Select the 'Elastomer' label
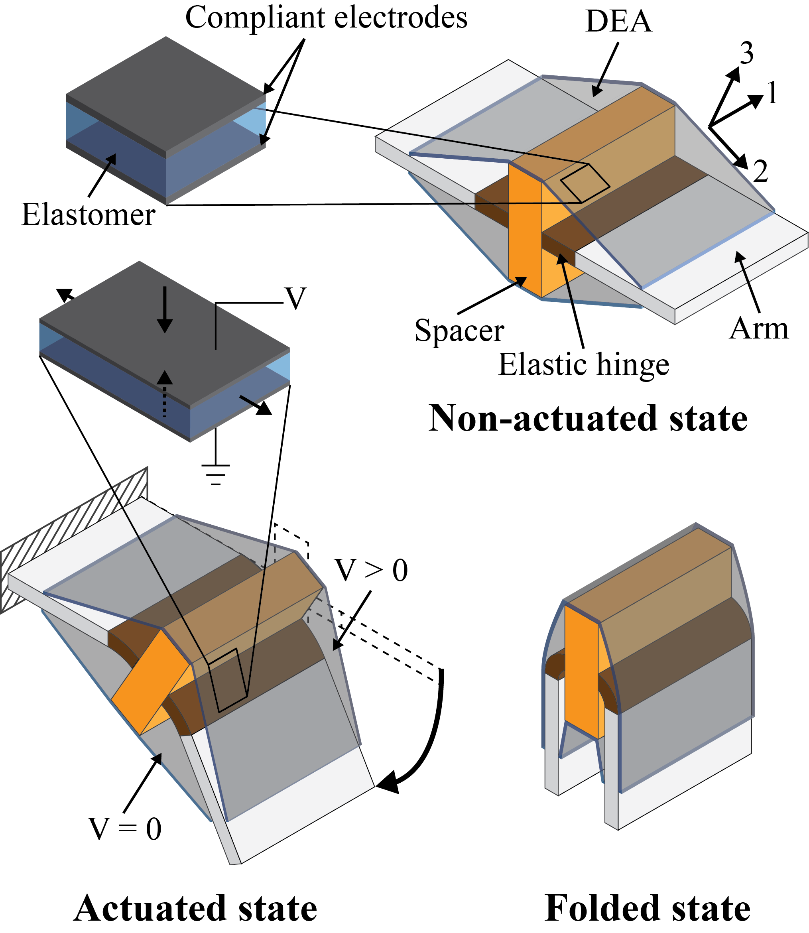[89, 215]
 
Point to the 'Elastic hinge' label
[583, 365]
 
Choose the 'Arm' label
[759, 329]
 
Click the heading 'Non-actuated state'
[588, 418]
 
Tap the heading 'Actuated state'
[195, 908]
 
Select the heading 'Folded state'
[648, 908]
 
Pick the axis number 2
[761, 172]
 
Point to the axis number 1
[772, 93]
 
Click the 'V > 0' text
[371, 571]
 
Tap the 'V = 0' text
[125, 829]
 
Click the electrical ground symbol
[216, 474]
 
